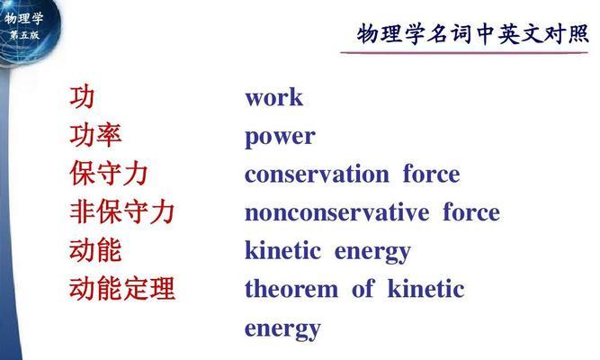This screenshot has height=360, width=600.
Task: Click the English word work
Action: [274, 98]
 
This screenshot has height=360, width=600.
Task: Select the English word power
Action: [280, 138]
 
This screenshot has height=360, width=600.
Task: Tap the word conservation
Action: [317, 174]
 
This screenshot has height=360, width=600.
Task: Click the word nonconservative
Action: [336, 212]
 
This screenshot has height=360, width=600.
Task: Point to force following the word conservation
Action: [431, 174]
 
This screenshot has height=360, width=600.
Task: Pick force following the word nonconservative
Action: [471, 211]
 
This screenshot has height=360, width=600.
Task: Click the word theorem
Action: [291, 289]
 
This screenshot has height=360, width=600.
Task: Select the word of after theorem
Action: [363, 288]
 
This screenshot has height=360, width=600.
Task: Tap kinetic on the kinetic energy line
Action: [282, 250]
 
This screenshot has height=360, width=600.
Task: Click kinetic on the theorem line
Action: [426, 288]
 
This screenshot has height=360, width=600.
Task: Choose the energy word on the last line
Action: [282, 329]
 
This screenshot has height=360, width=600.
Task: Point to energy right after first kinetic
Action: [372, 253]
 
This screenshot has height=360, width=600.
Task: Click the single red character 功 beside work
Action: [82, 97]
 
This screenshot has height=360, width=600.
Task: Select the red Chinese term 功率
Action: [95, 136]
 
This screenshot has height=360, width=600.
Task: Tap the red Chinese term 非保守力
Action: [122, 211]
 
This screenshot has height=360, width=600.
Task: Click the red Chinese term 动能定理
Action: [122, 288]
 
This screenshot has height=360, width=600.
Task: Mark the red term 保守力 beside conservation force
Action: [109, 174]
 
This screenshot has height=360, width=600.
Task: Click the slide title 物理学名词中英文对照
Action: [472, 33]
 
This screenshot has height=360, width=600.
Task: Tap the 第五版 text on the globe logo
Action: [24, 35]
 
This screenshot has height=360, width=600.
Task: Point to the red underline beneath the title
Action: [464, 52]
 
